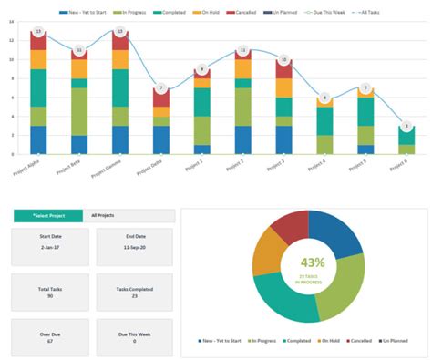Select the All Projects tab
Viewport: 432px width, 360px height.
(x=129, y=215)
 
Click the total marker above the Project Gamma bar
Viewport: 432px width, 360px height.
(x=120, y=31)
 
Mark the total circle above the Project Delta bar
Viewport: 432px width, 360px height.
(x=161, y=88)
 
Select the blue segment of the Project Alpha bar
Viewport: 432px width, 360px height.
(x=38, y=139)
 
